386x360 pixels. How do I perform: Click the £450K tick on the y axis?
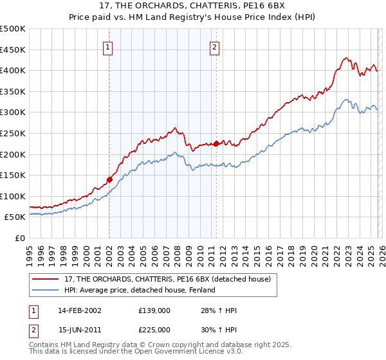[x=13, y=50]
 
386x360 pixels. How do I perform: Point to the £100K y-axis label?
[x=13, y=196]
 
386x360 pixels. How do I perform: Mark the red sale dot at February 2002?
[x=109, y=180]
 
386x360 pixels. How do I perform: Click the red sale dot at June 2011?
[x=216, y=144]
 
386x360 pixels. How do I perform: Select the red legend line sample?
[x=46, y=279]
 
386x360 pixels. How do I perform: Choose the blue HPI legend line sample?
[x=46, y=290]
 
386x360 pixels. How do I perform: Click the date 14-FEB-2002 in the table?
[x=79, y=310]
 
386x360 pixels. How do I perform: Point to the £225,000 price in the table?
[x=154, y=330]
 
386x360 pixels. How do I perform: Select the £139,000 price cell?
[x=154, y=310]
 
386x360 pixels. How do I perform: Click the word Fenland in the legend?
[x=202, y=290]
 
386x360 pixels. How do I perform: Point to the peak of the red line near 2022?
[x=345, y=57]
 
